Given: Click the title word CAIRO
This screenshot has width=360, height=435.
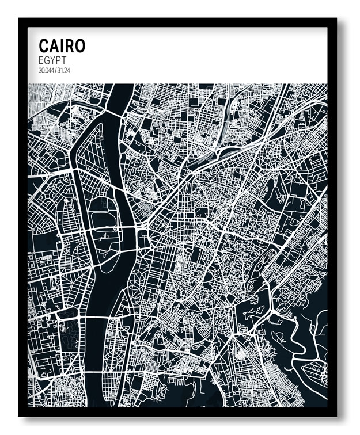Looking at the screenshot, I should tap(62, 46).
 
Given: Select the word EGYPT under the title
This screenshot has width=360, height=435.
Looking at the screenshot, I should tap(53, 60).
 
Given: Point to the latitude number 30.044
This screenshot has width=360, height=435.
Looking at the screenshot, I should tap(47, 70).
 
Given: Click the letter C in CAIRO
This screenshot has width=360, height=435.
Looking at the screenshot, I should tap(44, 46).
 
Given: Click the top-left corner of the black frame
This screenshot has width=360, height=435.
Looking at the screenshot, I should tap(20, 19).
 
